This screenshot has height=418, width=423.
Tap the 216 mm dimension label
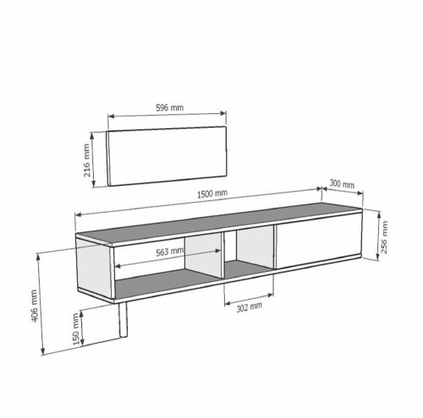86,156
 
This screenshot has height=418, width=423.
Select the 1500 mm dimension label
211,193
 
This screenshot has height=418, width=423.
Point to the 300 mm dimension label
341,183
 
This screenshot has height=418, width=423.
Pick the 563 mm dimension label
170,251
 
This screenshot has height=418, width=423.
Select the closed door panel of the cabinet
318,245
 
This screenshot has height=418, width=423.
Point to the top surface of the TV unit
220,221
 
